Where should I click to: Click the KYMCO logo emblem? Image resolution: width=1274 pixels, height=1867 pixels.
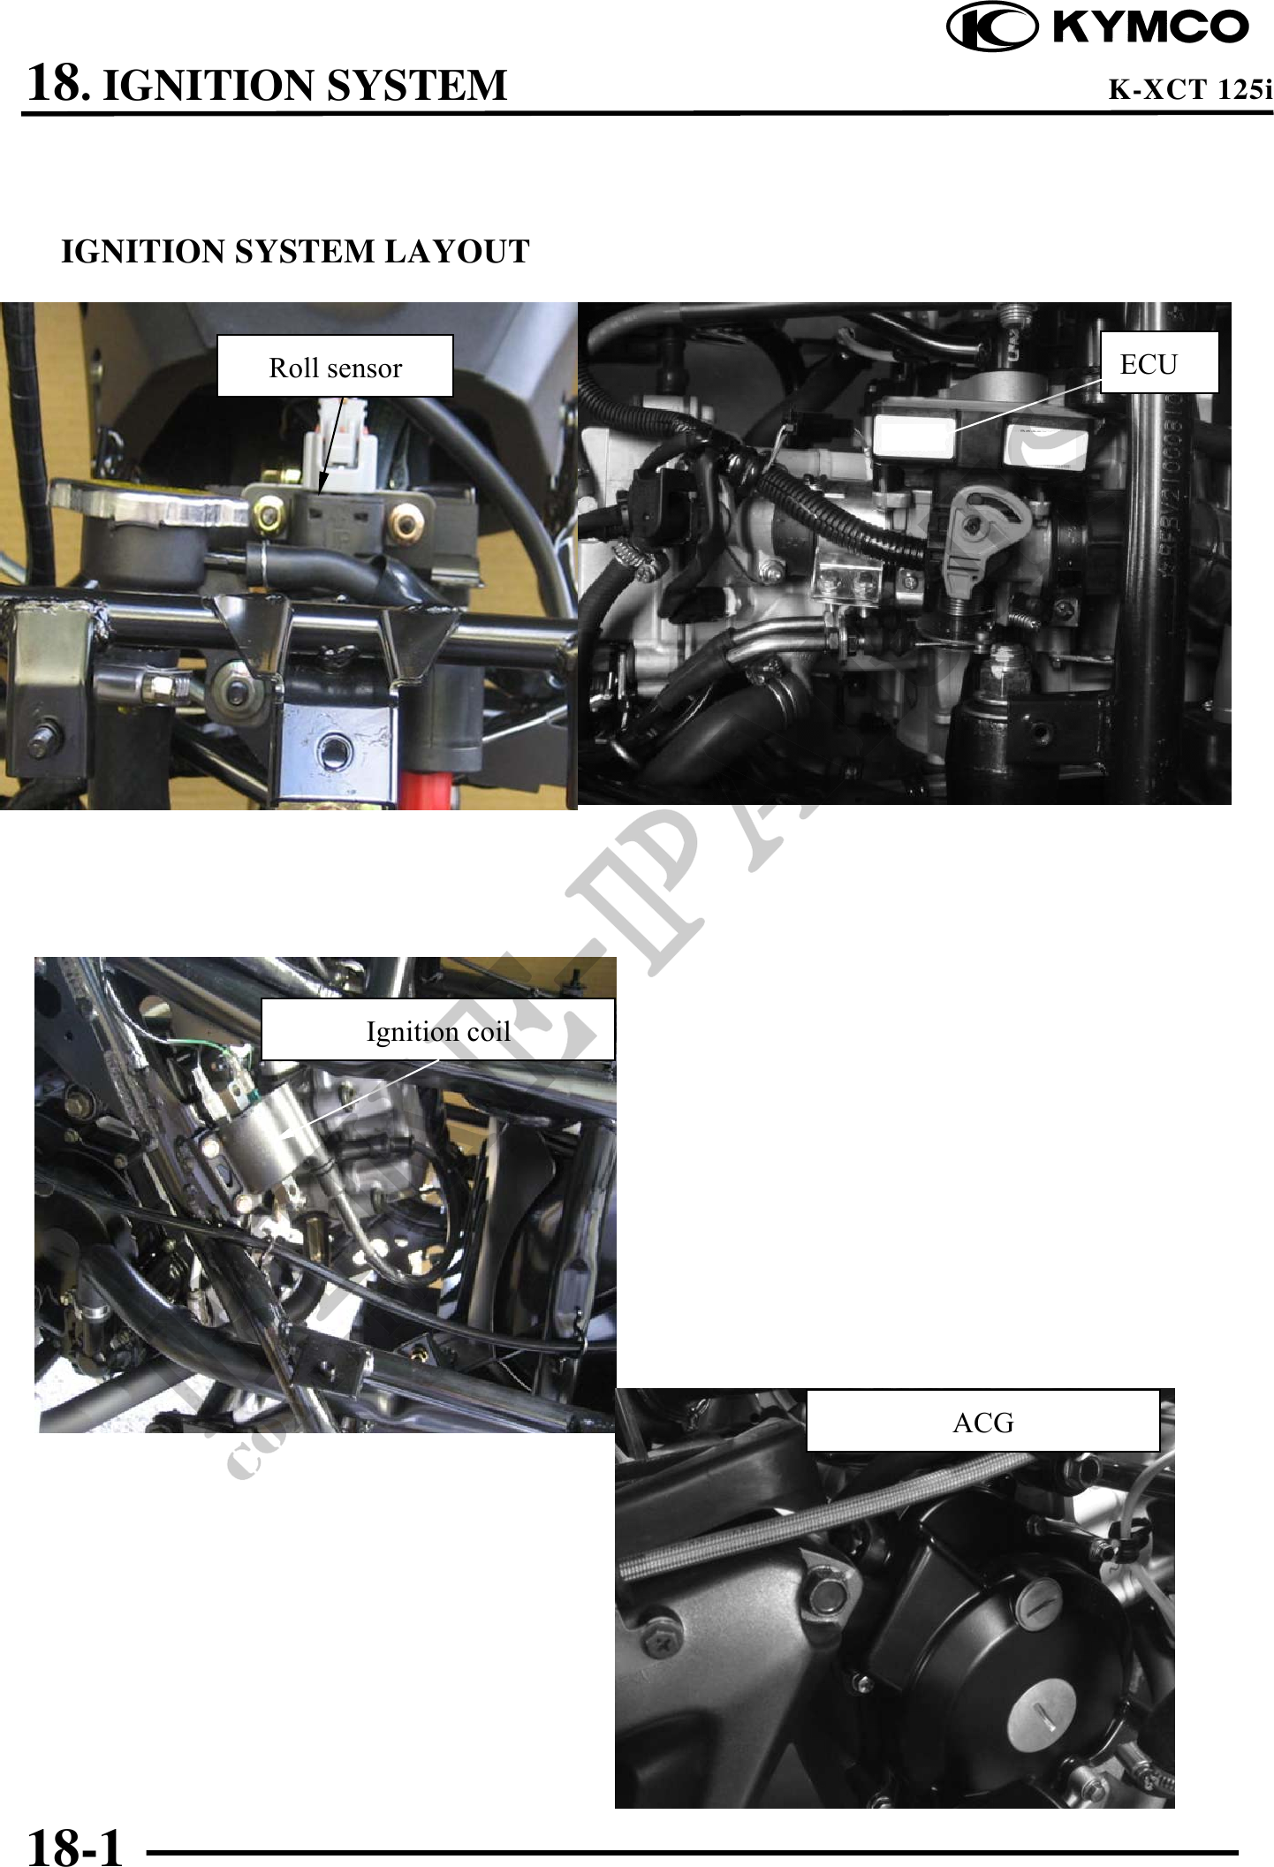991,27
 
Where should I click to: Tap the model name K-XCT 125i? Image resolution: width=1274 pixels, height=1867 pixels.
1189,89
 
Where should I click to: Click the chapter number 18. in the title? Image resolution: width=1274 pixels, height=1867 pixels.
58,84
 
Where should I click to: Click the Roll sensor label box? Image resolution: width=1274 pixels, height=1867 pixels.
335,367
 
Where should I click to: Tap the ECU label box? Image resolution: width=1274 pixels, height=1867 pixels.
1158,363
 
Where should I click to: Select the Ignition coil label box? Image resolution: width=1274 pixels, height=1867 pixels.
438,1030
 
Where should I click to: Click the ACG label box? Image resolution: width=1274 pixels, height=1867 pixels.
982,1422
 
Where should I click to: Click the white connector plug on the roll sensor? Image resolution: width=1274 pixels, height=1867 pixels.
340,442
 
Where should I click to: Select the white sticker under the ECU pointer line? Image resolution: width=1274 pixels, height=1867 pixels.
915,437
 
